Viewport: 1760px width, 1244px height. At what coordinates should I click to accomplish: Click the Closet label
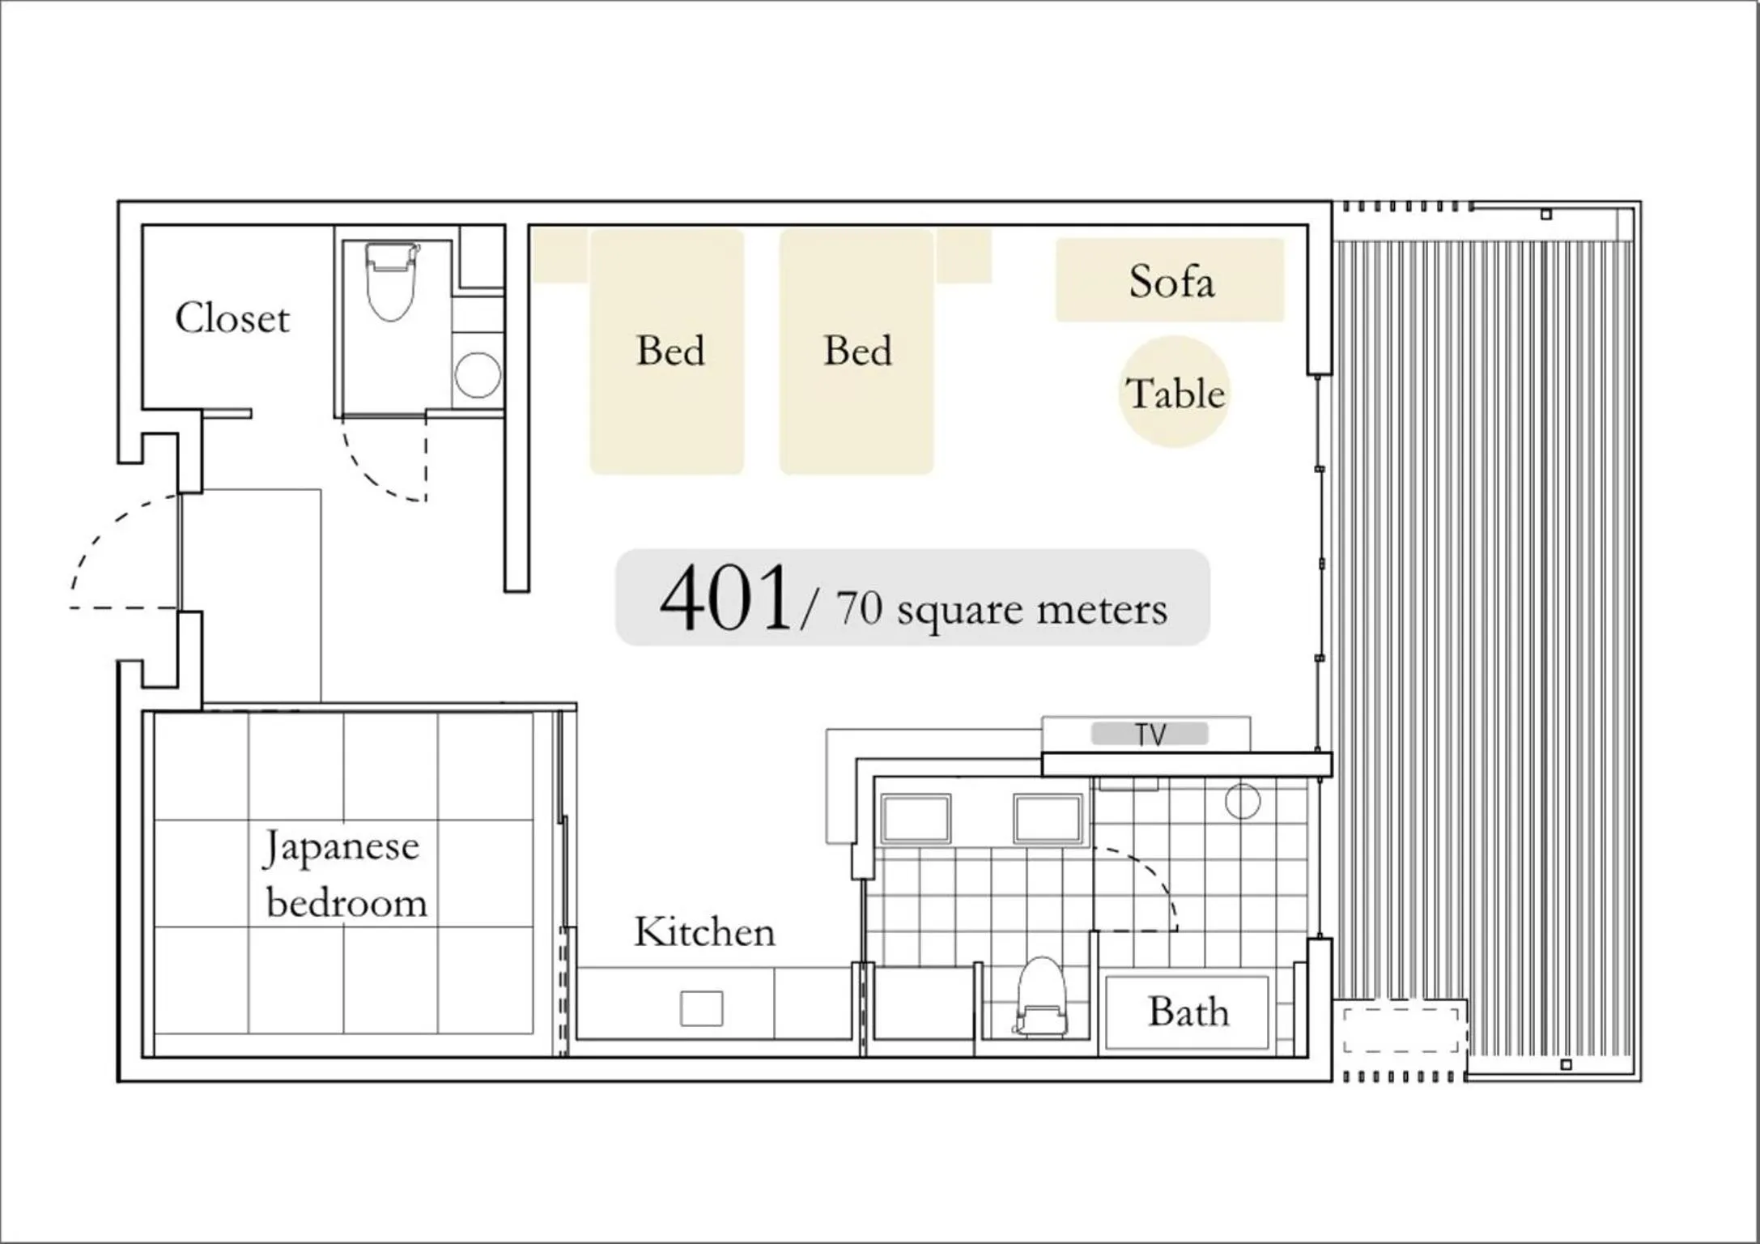tap(232, 318)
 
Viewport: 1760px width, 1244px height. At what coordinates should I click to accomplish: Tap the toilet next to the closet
tap(391, 280)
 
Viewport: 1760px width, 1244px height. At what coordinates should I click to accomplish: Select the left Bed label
tap(670, 351)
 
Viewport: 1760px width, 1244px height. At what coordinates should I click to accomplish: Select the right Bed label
tap(857, 351)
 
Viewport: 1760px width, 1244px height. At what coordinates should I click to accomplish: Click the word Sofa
tap(1171, 281)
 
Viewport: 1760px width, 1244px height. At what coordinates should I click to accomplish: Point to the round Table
tap(1175, 393)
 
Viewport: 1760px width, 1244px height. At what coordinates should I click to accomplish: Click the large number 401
tap(725, 599)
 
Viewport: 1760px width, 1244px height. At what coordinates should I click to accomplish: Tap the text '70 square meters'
tap(1001, 608)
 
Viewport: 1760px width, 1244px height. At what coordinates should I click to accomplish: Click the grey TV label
tap(1150, 735)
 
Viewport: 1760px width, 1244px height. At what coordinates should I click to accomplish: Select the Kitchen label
tap(704, 931)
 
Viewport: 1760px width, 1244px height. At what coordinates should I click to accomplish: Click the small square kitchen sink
tap(701, 1008)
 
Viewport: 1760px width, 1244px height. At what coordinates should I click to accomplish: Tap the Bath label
tap(1188, 1012)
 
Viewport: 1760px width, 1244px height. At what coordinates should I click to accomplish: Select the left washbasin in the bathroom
tap(916, 818)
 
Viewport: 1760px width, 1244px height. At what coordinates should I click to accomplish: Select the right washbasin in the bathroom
tap(1048, 818)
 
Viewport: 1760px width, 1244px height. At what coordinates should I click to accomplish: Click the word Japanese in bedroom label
tap(342, 847)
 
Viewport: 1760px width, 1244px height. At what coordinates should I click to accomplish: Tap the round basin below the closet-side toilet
tap(478, 375)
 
